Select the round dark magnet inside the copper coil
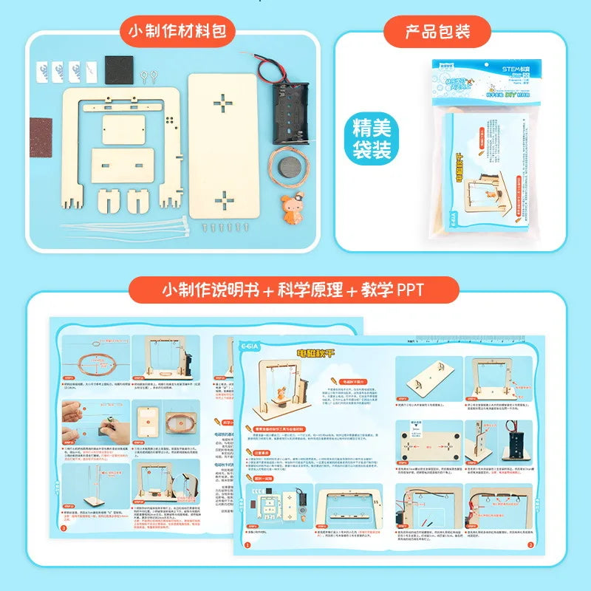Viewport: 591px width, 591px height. tap(284, 164)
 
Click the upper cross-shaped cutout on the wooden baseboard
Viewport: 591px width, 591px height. tap(222, 103)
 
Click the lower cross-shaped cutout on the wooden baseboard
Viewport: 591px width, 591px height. tap(222, 198)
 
